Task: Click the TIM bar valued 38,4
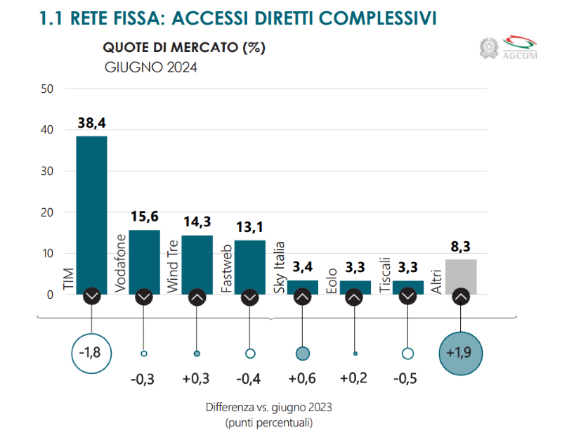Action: (91, 211)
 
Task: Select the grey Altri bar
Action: (461, 276)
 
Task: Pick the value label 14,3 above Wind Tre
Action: (197, 223)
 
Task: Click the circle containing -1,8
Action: (91, 352)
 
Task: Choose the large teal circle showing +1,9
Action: (460, 352)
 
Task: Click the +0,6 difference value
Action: (302, 379)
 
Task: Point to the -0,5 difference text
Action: (407, 379)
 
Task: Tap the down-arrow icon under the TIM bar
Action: (91, 297)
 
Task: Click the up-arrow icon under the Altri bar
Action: (461, 297)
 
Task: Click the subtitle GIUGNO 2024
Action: (150, 67)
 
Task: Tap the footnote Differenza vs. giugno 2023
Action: (268, 408)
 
